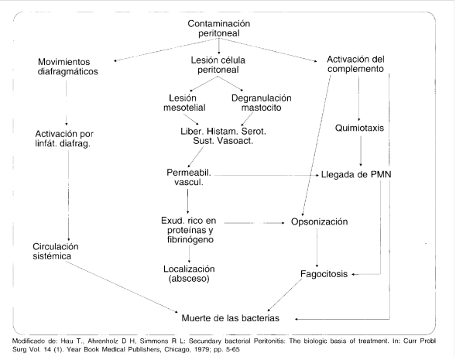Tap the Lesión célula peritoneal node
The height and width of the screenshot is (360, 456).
(x=220, y=68)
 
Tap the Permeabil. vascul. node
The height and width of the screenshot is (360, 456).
(x=187, y=177)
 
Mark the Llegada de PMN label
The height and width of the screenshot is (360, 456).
(x=356, y=175)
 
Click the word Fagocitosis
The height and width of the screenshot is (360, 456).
(x=324, y=273)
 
